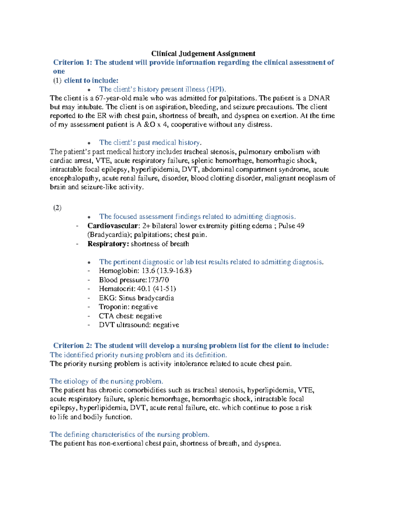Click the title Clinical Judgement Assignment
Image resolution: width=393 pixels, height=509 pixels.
[x=203, y=53]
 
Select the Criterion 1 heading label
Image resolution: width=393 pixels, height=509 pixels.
[x=73, y=62]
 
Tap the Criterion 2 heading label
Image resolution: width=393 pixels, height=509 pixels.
[x=73, y=345]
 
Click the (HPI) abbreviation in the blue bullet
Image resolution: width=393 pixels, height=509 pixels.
[x=216, y=89]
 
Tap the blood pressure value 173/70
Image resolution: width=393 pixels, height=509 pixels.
[x=159, y=280]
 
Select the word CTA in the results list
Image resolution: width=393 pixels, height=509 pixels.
[x=106, y=316]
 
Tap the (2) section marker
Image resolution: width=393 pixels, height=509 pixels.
[x=57, y=208]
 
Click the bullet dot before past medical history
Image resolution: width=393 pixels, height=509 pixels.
[x=89, y=143]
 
